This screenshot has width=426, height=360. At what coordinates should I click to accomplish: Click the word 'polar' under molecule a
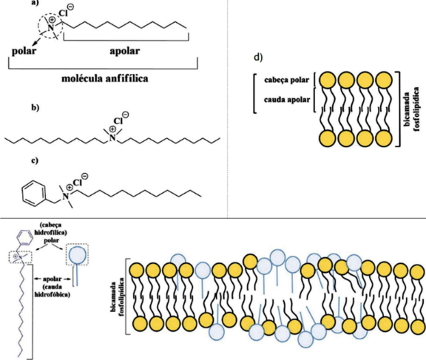pos(24,51)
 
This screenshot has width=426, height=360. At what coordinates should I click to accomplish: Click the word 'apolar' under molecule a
pos(125,51)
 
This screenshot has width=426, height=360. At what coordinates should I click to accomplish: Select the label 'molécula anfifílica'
pos(105,79)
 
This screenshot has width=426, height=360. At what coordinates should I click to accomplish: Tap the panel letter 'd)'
pos(258,58)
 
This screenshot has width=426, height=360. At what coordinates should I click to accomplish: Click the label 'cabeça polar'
pos(287,80)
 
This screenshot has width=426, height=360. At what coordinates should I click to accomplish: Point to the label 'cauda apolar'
pos(287,100)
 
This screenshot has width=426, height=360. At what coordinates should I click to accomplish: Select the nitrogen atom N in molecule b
pos(112,138)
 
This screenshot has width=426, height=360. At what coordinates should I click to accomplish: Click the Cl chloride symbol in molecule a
pos(63,13)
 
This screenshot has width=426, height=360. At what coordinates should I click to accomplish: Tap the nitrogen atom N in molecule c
pos(66,196)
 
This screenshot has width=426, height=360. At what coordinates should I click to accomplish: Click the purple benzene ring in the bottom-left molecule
pos(25,238)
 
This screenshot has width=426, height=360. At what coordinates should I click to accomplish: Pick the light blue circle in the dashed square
pos(78,254)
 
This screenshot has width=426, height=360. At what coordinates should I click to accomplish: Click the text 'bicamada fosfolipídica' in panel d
pos(410,109)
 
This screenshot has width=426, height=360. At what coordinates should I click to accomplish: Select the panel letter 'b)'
pos(35,107)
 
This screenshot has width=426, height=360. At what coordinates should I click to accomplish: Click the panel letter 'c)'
pos(35,160)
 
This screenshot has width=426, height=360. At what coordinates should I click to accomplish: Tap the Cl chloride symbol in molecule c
pos(77,183)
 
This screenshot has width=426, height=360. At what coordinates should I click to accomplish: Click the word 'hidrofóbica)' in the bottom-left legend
pos(53,294)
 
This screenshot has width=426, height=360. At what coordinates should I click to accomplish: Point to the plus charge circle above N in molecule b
pos(112,129)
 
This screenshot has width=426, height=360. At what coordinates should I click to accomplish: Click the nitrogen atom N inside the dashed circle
pos(50,27)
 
